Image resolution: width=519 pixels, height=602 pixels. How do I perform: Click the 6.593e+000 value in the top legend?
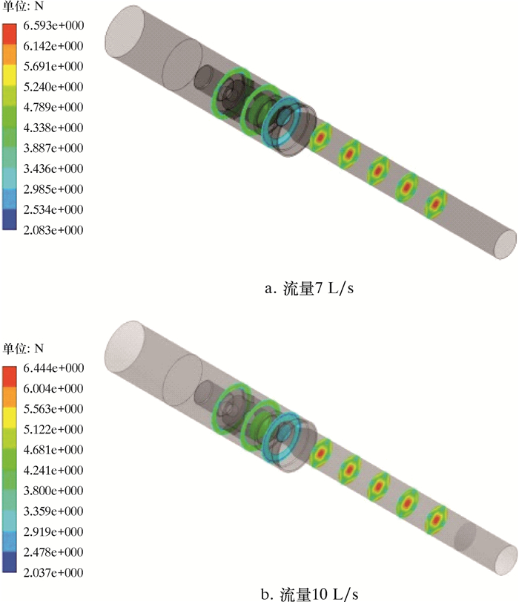point(53,25)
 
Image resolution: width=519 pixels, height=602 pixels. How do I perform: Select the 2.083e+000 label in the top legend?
point(53,230)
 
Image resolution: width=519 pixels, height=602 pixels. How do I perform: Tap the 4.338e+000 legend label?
point(53,128)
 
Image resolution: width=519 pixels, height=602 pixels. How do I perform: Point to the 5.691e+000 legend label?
point(53,66)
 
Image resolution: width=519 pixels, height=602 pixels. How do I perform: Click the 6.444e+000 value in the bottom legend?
point(53,367)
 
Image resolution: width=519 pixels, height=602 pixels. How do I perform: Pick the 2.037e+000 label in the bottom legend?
point(53,572)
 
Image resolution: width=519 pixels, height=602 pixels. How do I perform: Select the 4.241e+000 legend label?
point(53,470)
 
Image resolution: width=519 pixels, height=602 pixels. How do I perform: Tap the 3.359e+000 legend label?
point(53,511)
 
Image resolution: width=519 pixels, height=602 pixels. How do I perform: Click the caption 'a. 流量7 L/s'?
point(308,288)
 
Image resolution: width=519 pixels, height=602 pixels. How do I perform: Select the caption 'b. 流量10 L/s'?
point(309,594)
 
